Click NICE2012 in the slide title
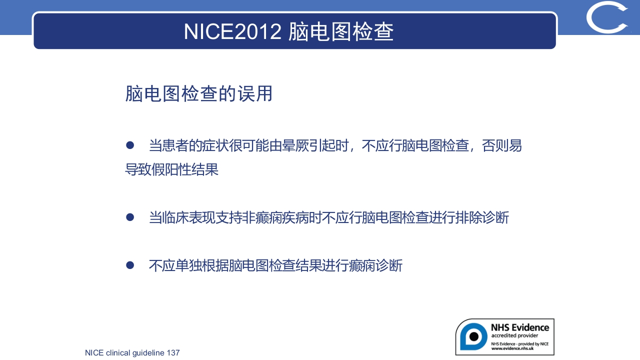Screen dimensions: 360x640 [x=232, y=31]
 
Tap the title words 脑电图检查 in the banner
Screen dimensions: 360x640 [x=341, y=31]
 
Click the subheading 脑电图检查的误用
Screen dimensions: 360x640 [x=198, y=94]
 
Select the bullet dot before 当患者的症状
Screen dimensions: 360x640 [x=130, y=145]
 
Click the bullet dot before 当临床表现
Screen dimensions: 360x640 [x=130, y=217]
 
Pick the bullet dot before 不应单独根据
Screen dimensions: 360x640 [x=130, y=265]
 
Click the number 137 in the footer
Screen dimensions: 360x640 [x=173, y=353]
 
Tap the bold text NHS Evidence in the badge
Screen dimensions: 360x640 [x=519, y=327]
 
